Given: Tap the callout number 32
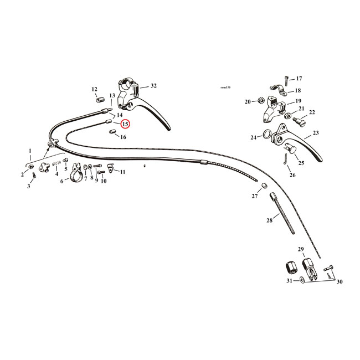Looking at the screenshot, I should coord(153,86).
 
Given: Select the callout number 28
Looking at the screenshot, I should coord(269,220).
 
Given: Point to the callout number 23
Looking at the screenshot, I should coord(316,133).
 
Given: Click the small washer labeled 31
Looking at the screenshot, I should coord(301,280).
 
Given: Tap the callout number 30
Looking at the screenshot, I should coord(340,281).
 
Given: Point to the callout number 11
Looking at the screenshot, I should coord(122,172).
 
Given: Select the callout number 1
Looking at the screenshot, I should coord(30,151).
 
